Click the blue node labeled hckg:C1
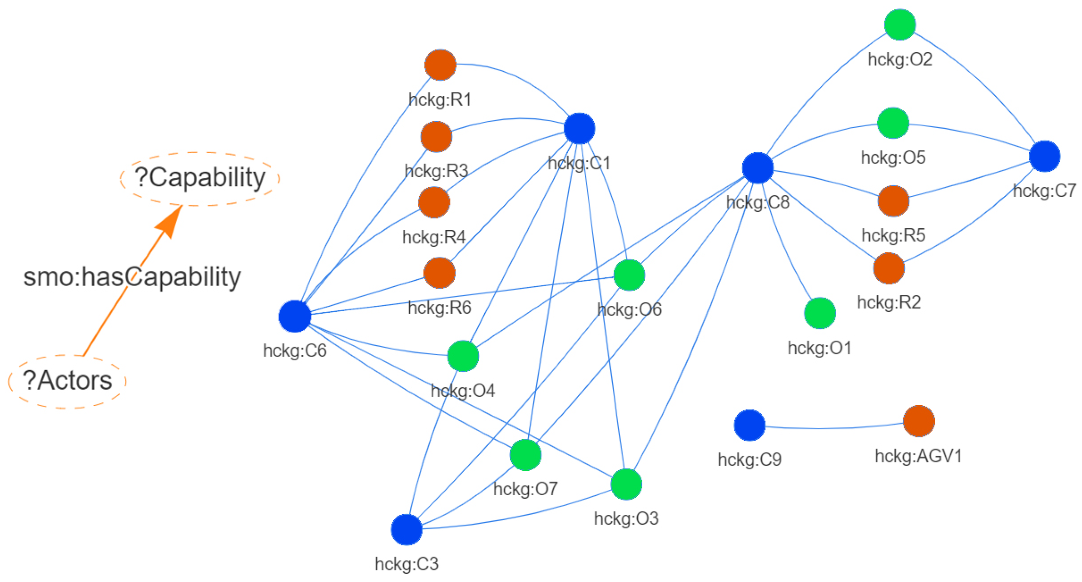(579, 129)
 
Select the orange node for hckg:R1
(440, 65)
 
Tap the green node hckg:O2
(899, 25)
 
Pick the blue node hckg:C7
(1044, 156)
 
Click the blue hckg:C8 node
(757, 168)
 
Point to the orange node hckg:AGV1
(918, 421)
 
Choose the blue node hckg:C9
(749, 425)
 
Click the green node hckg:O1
(819, 313)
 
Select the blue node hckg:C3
(406, 529)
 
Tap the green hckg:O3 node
(626, 484)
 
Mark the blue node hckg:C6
(294, 316)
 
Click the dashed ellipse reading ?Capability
(199, 179)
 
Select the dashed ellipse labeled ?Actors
(67, 381)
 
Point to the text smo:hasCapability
(132, 277)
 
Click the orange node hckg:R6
(439, 273)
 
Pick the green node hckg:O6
(629, 275)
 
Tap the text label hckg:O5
(893, 158)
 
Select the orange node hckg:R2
(888, 269)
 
